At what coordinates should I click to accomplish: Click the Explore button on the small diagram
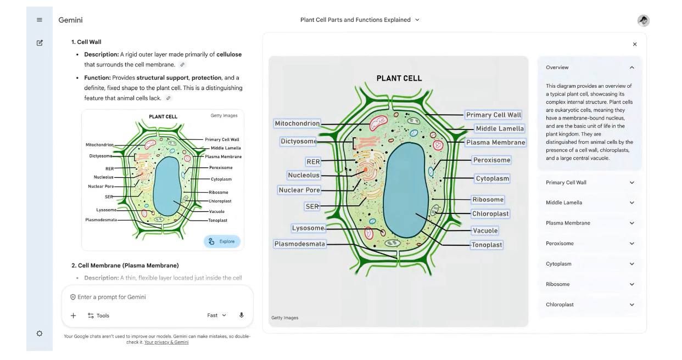pos(222,241)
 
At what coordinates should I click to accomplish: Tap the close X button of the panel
pos(635,44)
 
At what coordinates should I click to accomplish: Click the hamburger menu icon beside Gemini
pos(40,20)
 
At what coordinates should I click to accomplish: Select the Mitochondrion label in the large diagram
pos(297,123)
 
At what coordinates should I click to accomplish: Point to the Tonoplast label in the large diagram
pos(487,245)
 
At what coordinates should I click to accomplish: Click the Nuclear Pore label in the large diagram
pos(299,190)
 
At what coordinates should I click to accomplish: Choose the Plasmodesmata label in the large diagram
pos(300,244)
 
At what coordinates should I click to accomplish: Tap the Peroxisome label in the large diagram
pos(491,160)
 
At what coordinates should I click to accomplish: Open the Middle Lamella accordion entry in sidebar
pos(590,203)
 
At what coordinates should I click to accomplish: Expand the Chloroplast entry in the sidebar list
pos(590,305)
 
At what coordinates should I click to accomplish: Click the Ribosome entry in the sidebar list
pos(590,284)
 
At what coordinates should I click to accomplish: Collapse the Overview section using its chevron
pos(632,67)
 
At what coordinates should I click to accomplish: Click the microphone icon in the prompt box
pos(242,315)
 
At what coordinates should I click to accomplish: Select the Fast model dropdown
pos(216,315)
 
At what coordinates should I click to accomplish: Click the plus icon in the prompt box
pos(74,316)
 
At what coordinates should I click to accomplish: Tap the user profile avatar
pos(644,20)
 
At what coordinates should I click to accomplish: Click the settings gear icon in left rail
pos(40,334)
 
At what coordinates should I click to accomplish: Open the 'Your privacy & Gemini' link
pos(166,342)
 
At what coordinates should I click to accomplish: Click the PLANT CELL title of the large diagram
pos(399,78)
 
